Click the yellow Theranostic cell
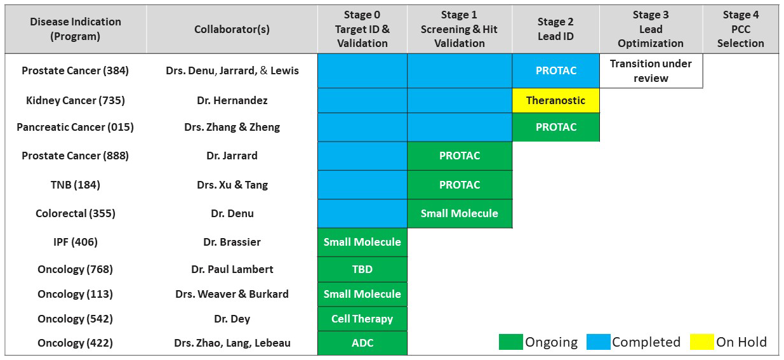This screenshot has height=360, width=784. point(556,100)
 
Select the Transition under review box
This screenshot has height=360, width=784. point(651,70)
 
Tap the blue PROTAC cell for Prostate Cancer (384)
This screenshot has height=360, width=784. point(556,70)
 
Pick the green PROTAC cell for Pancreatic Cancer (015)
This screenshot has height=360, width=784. point(556,127)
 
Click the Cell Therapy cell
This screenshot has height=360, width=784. point(362,319)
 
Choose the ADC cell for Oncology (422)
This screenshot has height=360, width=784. point(362,343)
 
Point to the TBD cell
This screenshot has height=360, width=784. point(362,269)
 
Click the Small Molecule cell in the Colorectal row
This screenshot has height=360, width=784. point(460,213)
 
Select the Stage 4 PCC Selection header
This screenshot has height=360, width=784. point(741,29)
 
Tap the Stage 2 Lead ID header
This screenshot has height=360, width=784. point(556,29)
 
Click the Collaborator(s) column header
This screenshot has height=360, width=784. point(232,29)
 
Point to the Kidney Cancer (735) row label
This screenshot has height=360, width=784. point(76,100)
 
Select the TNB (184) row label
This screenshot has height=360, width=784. point(76,185)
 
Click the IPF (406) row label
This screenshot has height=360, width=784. point(76,242)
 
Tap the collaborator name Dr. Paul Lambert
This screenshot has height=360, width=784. point(232,269)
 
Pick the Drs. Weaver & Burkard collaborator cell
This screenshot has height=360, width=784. point(232,294)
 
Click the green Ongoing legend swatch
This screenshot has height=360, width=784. point(510,342)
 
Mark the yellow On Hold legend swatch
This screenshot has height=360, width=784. point(701,342)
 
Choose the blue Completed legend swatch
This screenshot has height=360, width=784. point(599,342)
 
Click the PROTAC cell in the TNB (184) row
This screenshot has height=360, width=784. point(460,185)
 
